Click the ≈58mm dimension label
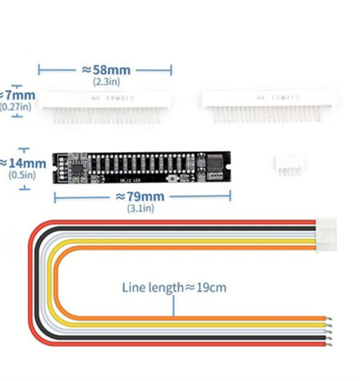pos(106,70)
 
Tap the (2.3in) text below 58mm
pos(106,81)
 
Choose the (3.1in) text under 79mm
pos(140,208)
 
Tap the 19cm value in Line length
pos(212,288)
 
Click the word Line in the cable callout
pos(133,288)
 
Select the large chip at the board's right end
pos(216,163)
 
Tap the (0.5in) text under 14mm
pos(22,175)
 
